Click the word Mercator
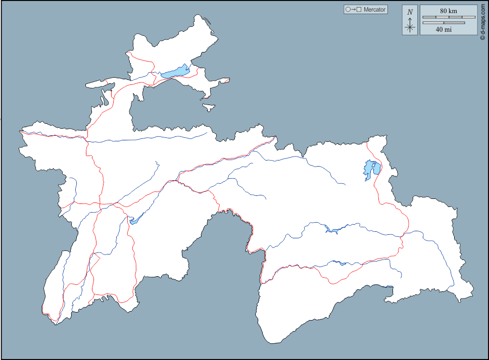(374, 10)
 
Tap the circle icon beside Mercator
(348, 10)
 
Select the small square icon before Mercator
(359, 10)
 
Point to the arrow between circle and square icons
(353, 10)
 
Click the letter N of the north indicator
(410, 12)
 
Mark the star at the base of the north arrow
(410, 28)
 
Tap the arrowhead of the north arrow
(410, 19)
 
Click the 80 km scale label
(448, 11)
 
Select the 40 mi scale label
(444, 30)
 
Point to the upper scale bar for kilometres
(449, 17)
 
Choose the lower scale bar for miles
(444, 23)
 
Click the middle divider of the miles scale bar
(444, 23)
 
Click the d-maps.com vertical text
(482, 20)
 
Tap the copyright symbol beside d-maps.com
(482, 38)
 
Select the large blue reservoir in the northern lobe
(175, 72)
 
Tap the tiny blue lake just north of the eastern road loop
(343, 263)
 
